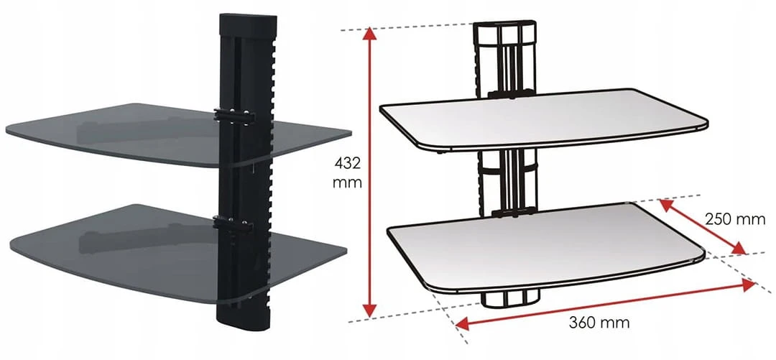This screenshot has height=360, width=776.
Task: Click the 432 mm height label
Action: tap(348, 172)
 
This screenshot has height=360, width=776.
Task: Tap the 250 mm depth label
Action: tap(735, 219)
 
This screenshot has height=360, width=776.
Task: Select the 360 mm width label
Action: tap(599, 323)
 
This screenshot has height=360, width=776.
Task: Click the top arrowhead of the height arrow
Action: tap(370, 34)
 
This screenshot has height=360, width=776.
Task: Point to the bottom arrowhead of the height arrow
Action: tap(370, 310)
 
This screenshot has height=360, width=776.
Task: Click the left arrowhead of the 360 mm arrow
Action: tap(463, 324)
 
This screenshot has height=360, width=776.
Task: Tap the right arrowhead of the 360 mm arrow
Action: tap(748, 285)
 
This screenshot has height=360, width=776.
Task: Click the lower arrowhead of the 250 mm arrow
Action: tap(738, 248)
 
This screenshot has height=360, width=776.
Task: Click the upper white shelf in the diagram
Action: tap(543, 119)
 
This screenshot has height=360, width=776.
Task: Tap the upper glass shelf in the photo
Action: tap(178, 134)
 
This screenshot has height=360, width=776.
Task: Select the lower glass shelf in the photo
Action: tap(178, 252)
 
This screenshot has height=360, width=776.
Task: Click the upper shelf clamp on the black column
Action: tap(234, 116)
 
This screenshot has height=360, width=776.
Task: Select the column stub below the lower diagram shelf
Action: tap(512, 299)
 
